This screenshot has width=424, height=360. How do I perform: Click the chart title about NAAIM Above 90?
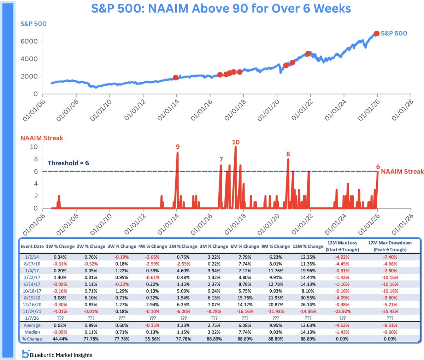point(221,8)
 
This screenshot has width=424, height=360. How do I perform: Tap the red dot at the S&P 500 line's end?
point(377,33)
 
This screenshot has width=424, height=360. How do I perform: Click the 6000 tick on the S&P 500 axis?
point(29,41)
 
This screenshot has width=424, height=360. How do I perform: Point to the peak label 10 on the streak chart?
point(236,142)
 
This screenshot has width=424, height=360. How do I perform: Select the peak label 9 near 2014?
point(178,147)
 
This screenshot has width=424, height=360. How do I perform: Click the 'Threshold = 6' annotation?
point(68,163)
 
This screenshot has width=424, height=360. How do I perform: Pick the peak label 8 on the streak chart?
point(288,154)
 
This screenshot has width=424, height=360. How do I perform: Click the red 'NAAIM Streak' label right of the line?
point(402,171)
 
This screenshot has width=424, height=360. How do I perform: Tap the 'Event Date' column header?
point(32,246)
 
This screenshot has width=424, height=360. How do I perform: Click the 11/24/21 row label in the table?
point(32,312)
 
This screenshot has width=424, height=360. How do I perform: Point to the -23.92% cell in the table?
point(342,312)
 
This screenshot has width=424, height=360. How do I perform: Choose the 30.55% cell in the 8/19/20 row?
point(308,298)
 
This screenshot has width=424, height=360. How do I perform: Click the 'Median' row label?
point(32,332)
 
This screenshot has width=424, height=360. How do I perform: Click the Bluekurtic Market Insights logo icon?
point(25,354)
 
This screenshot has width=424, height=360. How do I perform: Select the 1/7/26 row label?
point(32,318)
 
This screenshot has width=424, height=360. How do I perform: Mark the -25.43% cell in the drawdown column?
point(390,312)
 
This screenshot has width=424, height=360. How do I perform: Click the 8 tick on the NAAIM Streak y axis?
point(36,159)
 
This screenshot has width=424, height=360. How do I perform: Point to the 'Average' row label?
point(32,325)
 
